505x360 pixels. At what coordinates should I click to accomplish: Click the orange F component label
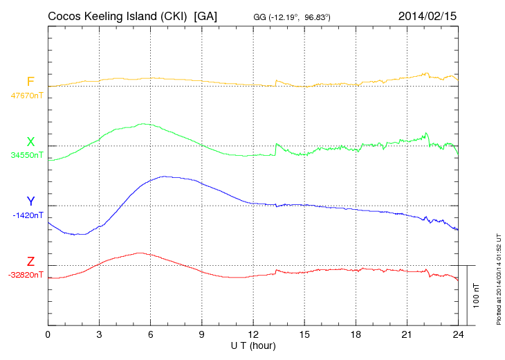(x=30, y=82)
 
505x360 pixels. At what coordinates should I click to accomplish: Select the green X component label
(x=30, y=142)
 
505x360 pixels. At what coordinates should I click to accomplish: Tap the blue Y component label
(x=30, y=201)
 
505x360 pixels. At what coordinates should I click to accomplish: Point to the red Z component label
(x=30, y=261)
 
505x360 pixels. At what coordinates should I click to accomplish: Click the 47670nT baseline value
(x=26, y=96)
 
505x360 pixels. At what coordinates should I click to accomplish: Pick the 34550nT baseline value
(x=26, y=156)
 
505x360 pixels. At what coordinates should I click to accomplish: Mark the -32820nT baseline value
(x=26, y=275)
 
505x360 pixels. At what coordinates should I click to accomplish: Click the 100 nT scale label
(x=477, y=295)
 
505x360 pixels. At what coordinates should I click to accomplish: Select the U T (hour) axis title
(x=252, y=345)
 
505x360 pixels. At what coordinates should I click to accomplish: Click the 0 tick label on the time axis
(x=48, y=334)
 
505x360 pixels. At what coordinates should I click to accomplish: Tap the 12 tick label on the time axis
(x=253, y=334)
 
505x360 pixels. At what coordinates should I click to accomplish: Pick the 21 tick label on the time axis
(x=407, y=334)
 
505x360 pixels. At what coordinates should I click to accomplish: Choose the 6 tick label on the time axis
(x=150, y=334)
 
